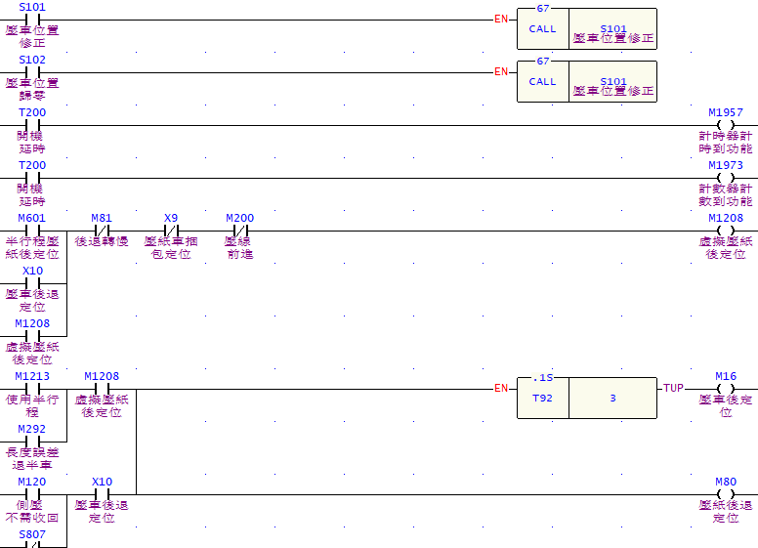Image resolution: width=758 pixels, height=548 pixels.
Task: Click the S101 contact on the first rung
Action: [32, 20]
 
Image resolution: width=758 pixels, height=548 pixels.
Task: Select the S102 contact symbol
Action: [32, 72]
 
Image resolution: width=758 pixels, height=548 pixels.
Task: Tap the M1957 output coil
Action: [725, 125]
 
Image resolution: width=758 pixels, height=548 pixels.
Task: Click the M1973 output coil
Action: [725, 178]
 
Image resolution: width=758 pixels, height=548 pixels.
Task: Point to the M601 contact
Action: [32, 231]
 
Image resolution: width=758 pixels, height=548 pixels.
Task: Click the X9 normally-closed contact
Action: [171, 231]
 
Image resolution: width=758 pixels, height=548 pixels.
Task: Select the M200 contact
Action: [239, 231]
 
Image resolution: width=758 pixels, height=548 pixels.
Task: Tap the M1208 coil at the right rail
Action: [725, 231]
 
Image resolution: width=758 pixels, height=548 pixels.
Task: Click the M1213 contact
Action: [32, 389]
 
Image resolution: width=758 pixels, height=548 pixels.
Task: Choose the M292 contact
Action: [32, 442]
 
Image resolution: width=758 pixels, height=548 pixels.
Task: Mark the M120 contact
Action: [32, 494]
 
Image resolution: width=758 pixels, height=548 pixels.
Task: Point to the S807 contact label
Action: [32, 534]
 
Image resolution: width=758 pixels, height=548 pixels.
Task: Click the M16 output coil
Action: [725, 389]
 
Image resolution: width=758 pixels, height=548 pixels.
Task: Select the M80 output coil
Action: [725, 494]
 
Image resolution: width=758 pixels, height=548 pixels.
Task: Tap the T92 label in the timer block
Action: [542, 399]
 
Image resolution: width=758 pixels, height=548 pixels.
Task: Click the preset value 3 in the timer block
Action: [612, 399]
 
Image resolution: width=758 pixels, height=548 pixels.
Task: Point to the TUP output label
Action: [673, 389]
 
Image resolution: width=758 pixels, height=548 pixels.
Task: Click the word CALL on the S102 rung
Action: [542, 82]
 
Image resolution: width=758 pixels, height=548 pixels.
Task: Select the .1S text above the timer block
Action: [543, 376]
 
